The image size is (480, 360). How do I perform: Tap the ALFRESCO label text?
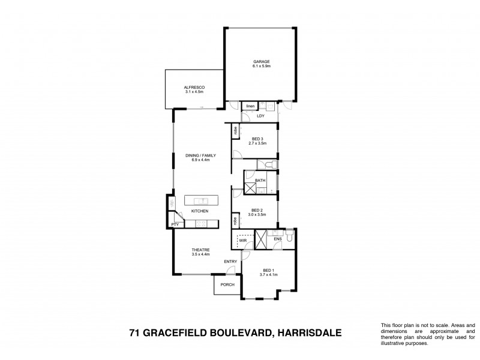(194, 88)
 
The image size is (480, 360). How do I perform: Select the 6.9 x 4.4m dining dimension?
(200, 160)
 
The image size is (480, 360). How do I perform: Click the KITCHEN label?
(200, 211)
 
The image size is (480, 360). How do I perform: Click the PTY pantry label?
(175, 224)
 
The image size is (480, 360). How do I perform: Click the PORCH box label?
(227, 284)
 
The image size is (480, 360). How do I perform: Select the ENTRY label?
(230, 262)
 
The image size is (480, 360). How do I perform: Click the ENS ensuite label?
(277, 239)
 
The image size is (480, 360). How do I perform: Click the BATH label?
(260, 180)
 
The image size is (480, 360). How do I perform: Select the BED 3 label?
(258, 139)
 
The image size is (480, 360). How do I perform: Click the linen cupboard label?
(250, 106)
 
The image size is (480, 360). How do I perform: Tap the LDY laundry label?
(260, 116)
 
